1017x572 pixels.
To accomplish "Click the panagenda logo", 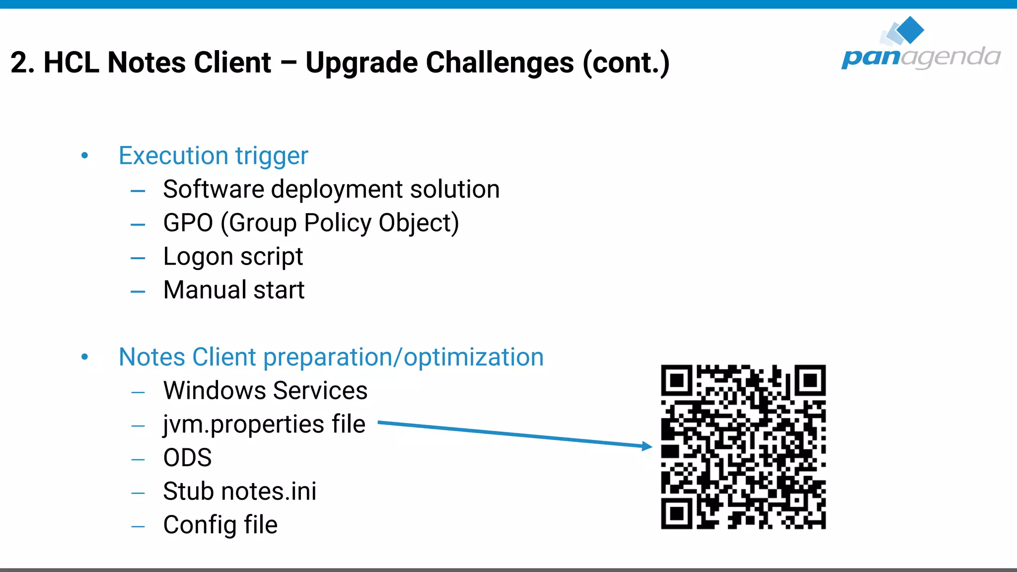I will (x=921, y=45).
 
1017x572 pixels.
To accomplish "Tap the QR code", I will (x=743, y=447).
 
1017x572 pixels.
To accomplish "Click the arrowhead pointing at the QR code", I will (x=647, y=446).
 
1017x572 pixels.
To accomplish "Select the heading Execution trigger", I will (x=213, y=156).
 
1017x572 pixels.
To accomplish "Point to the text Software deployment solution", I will (x=331, y=190).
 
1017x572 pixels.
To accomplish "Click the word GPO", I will (x=188, y=223).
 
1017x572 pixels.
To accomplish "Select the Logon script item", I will (x=233, y=257).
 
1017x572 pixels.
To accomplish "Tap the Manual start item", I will (x=234, y=290).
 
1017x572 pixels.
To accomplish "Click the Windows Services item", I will (x=265, y=391).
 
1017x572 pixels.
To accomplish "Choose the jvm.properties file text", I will (x=264, y=425).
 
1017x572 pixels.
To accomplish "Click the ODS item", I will (x=187, y=458).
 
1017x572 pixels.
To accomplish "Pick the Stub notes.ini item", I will (x=239, y=492).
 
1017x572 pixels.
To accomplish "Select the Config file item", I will (x=220, y=525).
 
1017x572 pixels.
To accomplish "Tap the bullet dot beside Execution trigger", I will (x=85, y=156).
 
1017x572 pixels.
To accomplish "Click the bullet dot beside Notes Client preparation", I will (x=85, y=357).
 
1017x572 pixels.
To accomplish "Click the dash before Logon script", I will (x=138, y=258).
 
